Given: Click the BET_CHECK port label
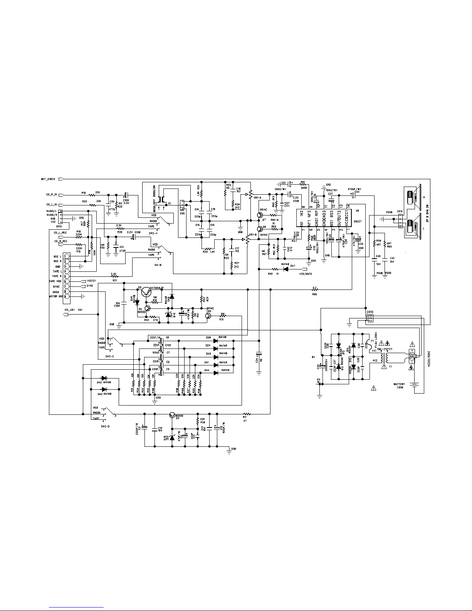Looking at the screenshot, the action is click(48, 179).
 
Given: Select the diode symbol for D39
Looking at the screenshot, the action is click(215, 341).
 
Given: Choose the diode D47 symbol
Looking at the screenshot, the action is click(286, 269).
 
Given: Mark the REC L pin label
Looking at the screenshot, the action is click(57, 256).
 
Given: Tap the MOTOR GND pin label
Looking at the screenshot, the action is click(55, 296).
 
